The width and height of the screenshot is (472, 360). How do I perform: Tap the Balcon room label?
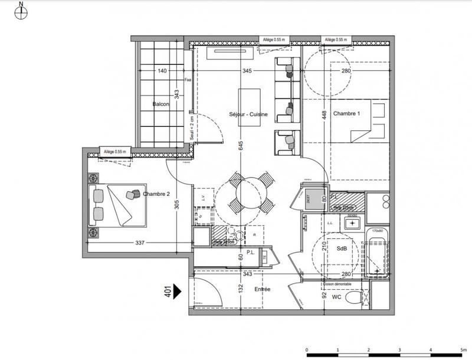161,104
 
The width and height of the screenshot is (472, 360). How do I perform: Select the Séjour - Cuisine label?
249,114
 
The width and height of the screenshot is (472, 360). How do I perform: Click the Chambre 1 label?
346,113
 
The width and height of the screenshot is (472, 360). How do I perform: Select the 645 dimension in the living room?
241,146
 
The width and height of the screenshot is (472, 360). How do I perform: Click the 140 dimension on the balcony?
162,71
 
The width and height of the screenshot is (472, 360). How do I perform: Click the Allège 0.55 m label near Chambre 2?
115,151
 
